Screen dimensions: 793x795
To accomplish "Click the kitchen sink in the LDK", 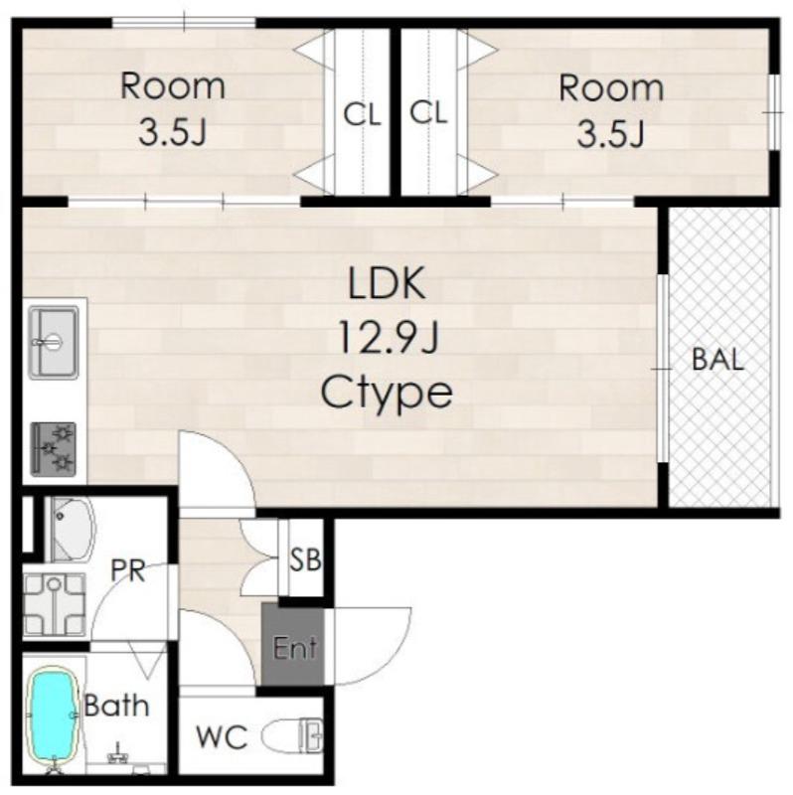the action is [x=54, y=342].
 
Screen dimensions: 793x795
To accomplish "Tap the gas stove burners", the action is [x=54, y=449].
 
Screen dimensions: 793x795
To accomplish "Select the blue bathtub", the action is [x=53, y=717].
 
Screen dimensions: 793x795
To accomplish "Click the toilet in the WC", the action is [x=292, y=735].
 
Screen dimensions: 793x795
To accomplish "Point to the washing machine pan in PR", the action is [x=55, y=604].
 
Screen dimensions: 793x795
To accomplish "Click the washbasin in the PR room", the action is [x=73, y=530].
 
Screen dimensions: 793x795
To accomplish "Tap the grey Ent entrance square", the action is [x=293, y=644].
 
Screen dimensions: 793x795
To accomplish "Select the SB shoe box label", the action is [x=306, y=559].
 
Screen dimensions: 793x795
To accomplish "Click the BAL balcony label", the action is [x=717, y=360].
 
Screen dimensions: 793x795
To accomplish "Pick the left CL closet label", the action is [x=362, y=114].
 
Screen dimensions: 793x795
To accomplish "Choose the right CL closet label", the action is [x=429, y=112].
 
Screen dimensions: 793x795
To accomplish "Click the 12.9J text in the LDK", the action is [x=388, y=338].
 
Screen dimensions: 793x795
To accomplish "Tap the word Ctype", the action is [x=387, y=394].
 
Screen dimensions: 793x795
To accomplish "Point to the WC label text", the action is [x=222, y=736].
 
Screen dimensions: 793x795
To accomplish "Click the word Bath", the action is [x=116, y=705].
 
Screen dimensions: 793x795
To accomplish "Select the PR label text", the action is [x=128, y=570].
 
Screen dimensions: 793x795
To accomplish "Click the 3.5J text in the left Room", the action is [x=172, y=131].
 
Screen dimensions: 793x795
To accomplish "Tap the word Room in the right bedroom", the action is [x=611, y=88].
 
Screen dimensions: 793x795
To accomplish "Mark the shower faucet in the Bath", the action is [x=117, y=755].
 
